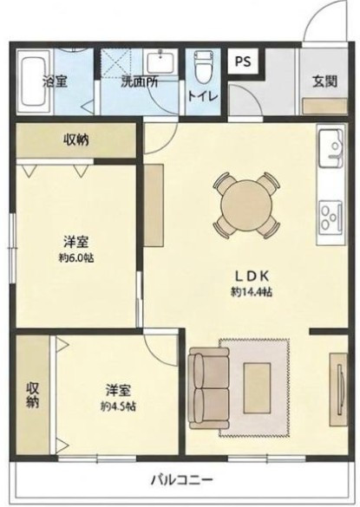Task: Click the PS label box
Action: (243, 62)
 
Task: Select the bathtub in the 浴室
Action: (33, 81)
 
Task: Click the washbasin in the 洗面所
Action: (160, 62)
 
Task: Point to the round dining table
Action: (246, 205)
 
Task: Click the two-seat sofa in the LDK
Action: (209, 388)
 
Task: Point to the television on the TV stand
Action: (339, 388)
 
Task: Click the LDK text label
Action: (252, 276)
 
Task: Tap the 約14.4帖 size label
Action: (252, 292)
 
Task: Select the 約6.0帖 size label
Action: (76, 258)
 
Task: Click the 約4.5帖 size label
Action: (118, 406)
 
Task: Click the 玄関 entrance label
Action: (324, 81)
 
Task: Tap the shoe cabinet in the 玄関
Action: (325, 107)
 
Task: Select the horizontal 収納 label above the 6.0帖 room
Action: (76, 140)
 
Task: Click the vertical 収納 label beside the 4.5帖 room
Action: (33, 395)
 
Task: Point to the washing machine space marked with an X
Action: (115, 62)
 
